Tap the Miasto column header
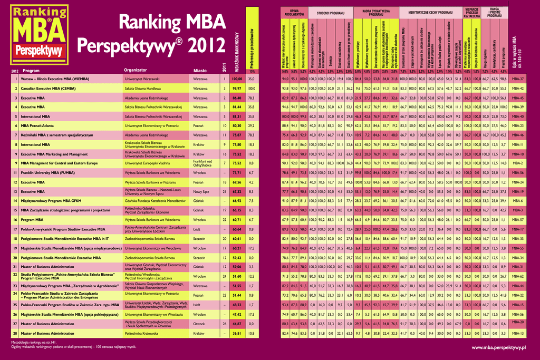point(200,70)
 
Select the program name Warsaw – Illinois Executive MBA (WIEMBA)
point(62,79)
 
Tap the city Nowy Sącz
point(201,191)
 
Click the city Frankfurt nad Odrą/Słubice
point(202,163)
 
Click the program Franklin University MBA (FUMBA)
point(52,172)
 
